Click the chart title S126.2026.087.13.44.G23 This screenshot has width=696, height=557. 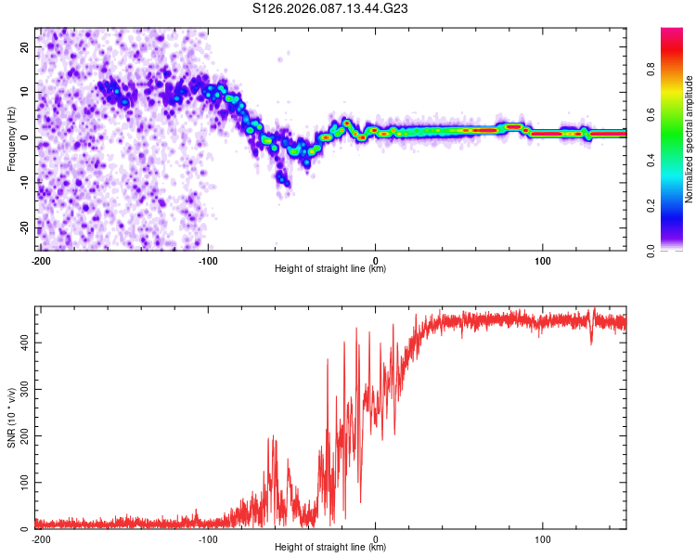click(x=331, y=8)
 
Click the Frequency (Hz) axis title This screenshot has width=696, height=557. click(x=11, y=139)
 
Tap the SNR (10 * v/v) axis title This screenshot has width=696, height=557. click(x=11, y=418)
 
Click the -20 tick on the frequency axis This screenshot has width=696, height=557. click(x=25, y=227)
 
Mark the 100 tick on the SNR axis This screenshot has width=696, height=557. click(x=23, y=483)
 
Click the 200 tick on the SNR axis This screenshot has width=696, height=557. click(x=23, y=436)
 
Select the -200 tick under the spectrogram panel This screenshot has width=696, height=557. click(x=40, y=259)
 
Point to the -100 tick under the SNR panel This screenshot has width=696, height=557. click(x=208, y=538)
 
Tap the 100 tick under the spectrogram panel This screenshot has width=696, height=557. click(x=542, y=259)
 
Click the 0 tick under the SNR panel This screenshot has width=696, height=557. click(x=375, y=538)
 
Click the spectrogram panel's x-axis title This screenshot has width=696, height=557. click(x=331, y=269)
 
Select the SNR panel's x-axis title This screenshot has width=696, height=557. click(x=331, y=548)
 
